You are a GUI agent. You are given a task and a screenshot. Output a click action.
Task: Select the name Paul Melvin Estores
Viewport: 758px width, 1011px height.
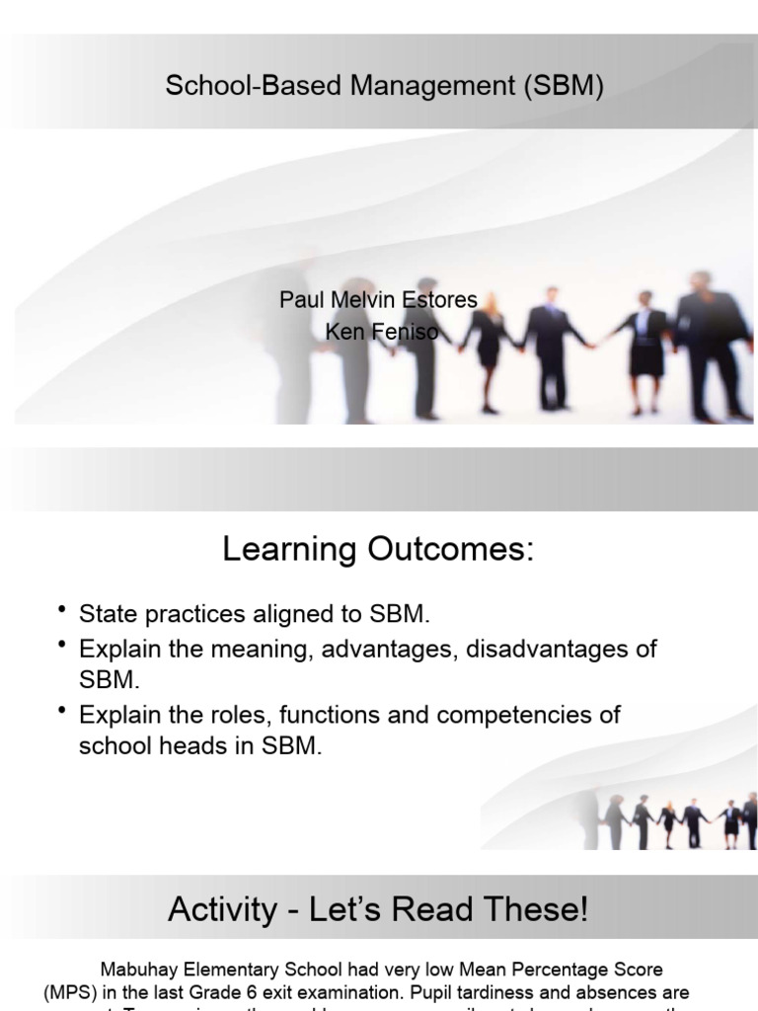(378, 300)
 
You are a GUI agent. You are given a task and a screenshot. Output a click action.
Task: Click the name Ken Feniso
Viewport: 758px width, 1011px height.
(381, 332)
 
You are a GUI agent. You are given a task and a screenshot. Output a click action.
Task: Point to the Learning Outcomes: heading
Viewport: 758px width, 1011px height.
(378, 549)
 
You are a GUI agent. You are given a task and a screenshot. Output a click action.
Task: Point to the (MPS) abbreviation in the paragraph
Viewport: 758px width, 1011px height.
(69, 991)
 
